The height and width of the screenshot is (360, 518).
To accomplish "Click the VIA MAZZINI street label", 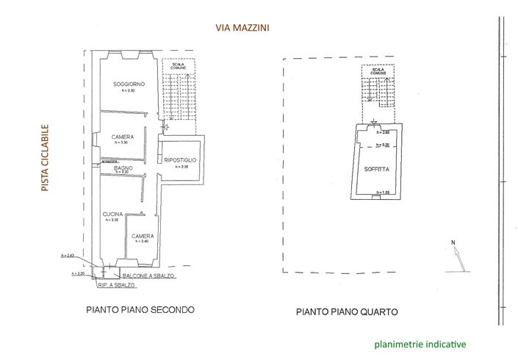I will click(x=242, y=28).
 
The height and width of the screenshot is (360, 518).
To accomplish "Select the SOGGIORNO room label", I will click(x=129, y=84).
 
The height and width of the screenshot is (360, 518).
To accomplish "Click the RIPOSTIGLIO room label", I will click(x=179, y=159).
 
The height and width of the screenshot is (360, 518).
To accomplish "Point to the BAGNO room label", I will click(x=123, y=168).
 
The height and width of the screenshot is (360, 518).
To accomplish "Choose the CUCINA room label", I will click(x=112, y=214).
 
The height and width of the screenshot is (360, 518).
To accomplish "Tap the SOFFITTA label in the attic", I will click(x=376, y=170).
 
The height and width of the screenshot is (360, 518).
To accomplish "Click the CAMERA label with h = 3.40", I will click(x=143, y=237).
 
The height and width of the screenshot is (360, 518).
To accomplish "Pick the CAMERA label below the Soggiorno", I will click(x=122, y=137).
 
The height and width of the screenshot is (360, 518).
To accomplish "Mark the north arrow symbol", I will click(x=458, y=257).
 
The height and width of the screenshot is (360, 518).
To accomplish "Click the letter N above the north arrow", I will click(x=453, y=242).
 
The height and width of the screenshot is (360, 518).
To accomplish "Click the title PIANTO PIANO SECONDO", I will click(x=140, y=309).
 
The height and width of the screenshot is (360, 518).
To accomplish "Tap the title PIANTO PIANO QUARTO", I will click(x=347, y=312).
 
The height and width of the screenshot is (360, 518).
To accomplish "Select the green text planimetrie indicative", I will click(x=420, y=343).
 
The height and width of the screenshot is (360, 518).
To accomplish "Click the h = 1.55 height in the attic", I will click(x=381, y=192).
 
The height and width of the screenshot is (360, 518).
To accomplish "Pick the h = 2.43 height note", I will click(x=67, y=256).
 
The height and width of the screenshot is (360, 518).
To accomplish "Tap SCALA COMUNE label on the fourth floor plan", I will click(x=378, y=72).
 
